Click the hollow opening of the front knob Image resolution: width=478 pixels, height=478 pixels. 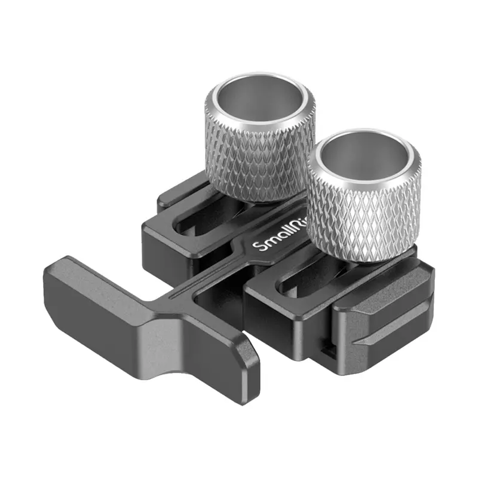(364, 158)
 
